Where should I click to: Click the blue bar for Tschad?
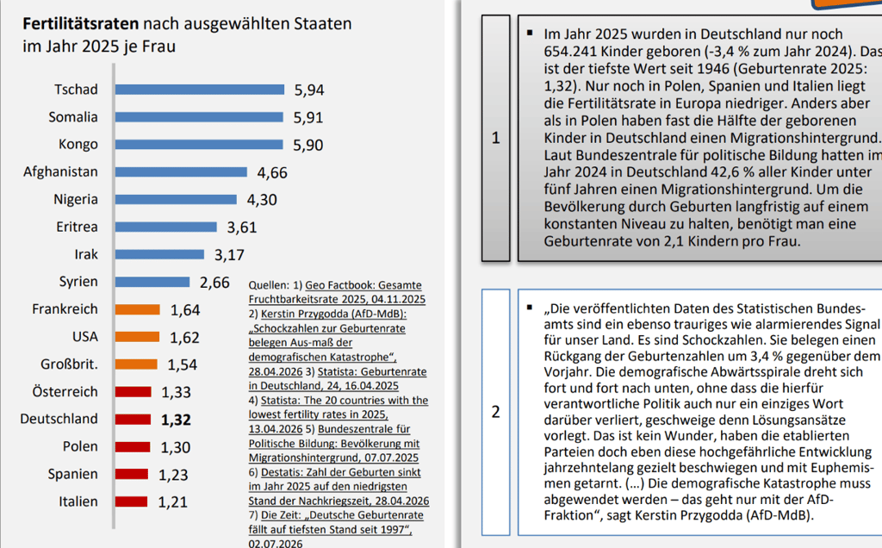click(x=200, y=90)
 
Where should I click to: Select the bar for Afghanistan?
click(x=181, y=171)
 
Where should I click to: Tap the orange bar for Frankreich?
click(x=138, y=309)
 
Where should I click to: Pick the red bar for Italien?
click(x=132, y=501)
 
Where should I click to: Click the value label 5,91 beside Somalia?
click(x=308, y=117)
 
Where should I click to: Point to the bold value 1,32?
click(x=176, y=420)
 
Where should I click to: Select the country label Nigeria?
click(x=76, y=200)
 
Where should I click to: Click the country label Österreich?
click(x=65, y=391)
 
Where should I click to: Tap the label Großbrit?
click(x=69, y=364)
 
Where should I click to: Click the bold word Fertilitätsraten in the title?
click(x=80, y=23)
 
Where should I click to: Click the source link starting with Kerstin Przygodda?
click(x=327, y=342)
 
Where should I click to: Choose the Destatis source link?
click(x=339, y=487)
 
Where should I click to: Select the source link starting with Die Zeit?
click(x=336, y=529)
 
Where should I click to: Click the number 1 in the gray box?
click(x=495, y=138)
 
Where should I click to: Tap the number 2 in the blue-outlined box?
click(x=495, y=412)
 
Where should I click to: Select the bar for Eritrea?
click(x=166, y=227)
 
